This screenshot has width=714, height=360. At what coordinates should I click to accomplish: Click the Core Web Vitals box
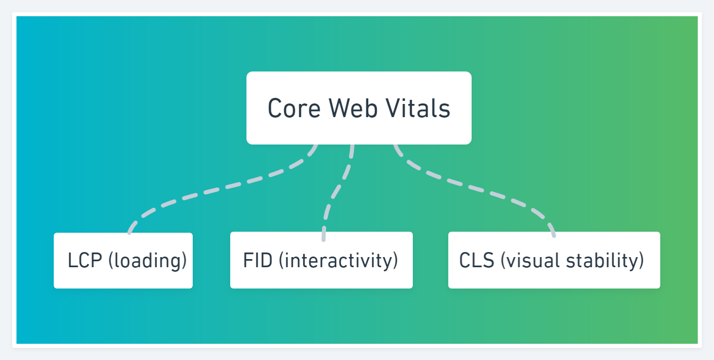(359, 108)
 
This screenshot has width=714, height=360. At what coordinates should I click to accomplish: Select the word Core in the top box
(294, 109)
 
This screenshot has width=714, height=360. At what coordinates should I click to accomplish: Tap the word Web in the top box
(353, 108)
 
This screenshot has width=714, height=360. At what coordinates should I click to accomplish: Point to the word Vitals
(418, 108)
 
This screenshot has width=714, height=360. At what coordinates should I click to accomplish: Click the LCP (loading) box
(123, 261)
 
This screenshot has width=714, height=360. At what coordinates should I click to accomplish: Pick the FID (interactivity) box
(322, 260)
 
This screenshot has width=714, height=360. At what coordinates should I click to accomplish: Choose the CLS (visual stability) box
(554, 260)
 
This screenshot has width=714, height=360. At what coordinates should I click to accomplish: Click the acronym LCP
(85, 260)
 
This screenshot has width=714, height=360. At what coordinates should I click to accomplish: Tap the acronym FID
(258, 260)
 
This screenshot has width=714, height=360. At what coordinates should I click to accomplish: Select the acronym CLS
(477, 260)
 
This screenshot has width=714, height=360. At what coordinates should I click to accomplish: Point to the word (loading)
(148, 261)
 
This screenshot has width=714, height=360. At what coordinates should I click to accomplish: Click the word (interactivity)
(339, 261)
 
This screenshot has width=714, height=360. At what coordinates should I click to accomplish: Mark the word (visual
(530, 261)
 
